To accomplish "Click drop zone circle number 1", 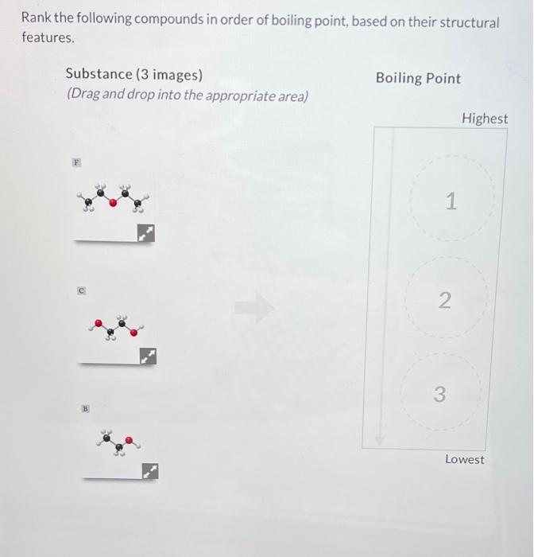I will click(450, 202).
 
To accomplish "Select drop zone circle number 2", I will click(444, 301).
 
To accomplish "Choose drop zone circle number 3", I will click(439, 394).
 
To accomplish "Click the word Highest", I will click(484, 119).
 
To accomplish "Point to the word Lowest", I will click(465, 460).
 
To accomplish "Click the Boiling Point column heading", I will click(418, 78).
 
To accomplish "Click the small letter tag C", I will click(81, 291).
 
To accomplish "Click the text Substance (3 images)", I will click(133, 74).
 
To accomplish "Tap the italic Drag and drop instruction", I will click(188, 95).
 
